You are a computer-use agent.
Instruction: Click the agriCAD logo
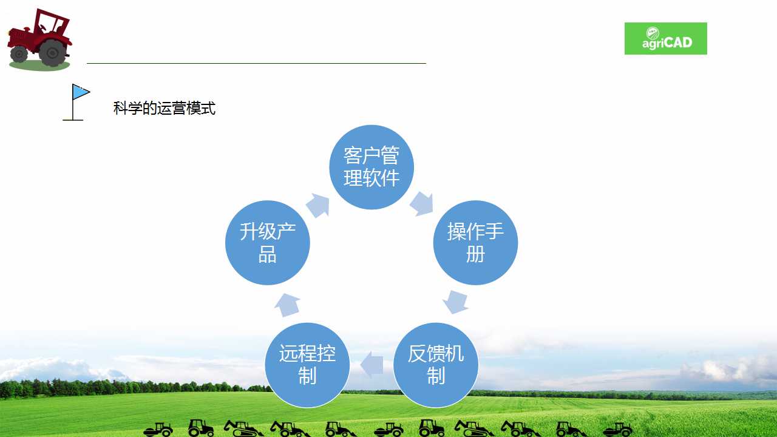(x=666, y=38)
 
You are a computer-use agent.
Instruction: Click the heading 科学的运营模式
(x=165, y=108)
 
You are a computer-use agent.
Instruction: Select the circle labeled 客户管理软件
(x=372, y=167)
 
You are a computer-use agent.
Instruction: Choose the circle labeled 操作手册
(x=475, y=243)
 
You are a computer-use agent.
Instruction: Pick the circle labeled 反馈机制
(x=436, y=365)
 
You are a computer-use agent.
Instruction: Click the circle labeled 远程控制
(x=307, y=365)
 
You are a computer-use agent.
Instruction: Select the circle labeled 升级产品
(x=268, y=243)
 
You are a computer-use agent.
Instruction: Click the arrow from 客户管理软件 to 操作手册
(x=422, y=203)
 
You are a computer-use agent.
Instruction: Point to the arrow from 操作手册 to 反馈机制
(x=456, y=302)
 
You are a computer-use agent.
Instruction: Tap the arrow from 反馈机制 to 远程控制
(x=372, y=365)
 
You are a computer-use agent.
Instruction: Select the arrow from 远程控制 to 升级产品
(x=287, y=305)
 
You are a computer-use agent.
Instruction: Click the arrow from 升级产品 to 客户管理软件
(x=317, y=205)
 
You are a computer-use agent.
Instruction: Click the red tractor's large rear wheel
(x=52, y=53)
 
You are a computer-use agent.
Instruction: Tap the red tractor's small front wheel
(x=19, y=55)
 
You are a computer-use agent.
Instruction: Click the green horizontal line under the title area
(x=256, y=64)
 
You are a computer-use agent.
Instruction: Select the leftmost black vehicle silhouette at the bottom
(x=158, y=429)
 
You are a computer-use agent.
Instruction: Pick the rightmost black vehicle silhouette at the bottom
(x=618, y=429)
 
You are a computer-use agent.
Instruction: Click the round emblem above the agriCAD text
(x=653, y=33)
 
